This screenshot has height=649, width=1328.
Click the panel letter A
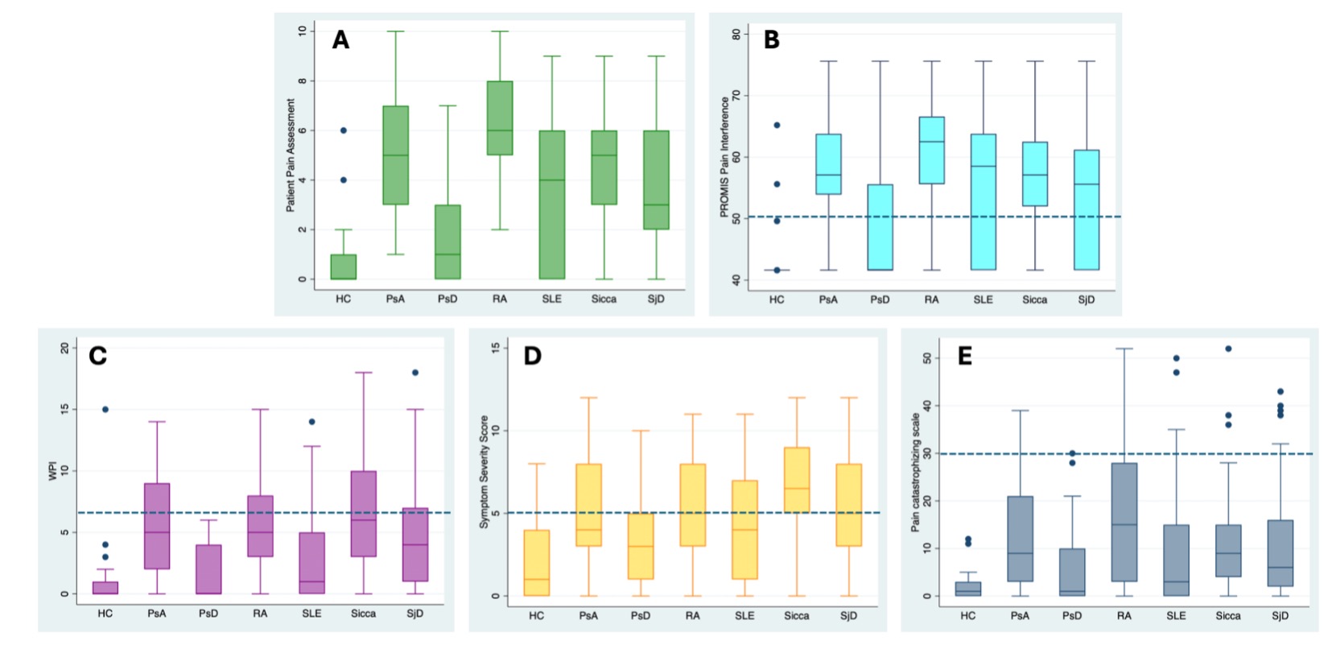[x=340, y=40]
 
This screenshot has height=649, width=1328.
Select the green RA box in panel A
[x=500, y=118]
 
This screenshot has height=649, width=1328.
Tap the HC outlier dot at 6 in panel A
[x=344, y=130]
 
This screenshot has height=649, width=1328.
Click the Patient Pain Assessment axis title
[x=291, y=155]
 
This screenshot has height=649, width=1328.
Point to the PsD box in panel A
[x=447, y=242]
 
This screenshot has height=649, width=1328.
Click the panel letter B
[x=772, y=40]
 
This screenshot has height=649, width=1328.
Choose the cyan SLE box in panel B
[x=984, y=201]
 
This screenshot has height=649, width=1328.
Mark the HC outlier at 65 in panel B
[x=777, y=126]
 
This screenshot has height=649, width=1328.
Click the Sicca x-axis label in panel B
[x=1035, y=300]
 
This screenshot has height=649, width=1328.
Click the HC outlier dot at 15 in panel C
[x=105, y=410]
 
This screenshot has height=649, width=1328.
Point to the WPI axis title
[x=53, y=471]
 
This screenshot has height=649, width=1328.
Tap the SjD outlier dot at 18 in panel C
[x=415, y=373]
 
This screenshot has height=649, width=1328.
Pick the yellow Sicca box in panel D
[x=797, y=479]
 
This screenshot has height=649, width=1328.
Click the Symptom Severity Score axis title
[x=485, y=472]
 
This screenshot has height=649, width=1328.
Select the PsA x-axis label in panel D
[x=588, y=616]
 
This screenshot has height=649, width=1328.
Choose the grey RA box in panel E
[x=1124, y=522]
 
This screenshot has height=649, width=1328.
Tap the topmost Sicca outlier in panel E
[x=1228, y=349]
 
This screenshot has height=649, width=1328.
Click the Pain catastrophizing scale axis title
[x=915, y=473]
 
